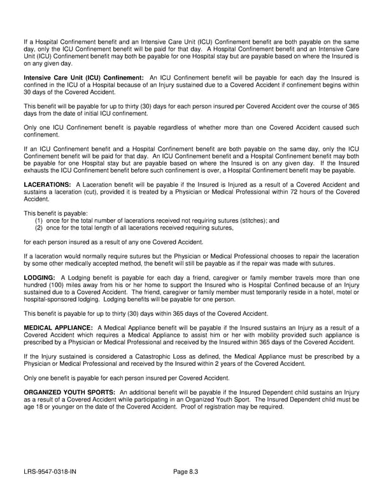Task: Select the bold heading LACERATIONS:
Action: [x=46, y=184]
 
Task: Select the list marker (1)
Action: [x=39, y=220]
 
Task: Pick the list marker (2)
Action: [x=39, y=227]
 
